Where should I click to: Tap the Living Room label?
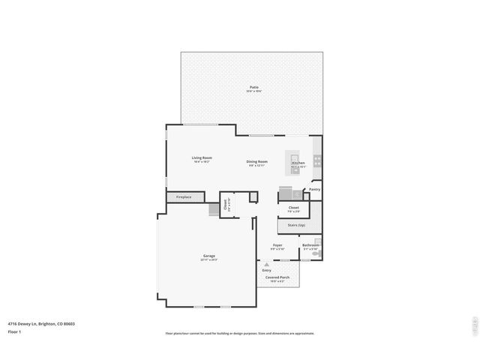[202, 157]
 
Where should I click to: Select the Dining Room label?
[257, 161]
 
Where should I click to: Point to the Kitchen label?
[298, 163]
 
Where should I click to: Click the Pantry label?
[314, 189]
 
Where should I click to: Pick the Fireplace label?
[184, 197]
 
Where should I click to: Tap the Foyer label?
[277, 245]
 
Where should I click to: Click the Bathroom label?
[310, 245]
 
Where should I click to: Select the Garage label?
[208, 256]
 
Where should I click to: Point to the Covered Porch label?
[277, 277]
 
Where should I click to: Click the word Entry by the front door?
[266, 270]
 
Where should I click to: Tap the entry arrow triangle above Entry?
[266, 263]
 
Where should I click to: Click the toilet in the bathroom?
[317, 253]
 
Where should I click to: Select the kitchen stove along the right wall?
[317, 160]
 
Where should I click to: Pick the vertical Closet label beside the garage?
[226, 202]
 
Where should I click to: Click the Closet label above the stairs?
[294, 207]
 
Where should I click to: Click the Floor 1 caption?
[14, 331]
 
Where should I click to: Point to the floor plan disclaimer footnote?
[240, 334]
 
